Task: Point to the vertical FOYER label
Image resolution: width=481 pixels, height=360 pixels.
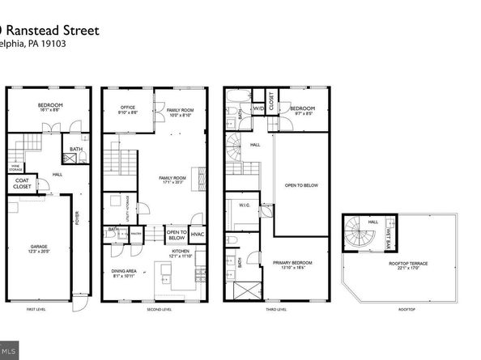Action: pyautogui.click(x=77, y=239)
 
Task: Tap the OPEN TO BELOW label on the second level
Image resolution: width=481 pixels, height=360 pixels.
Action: pyautogui.click(x=177, y=235)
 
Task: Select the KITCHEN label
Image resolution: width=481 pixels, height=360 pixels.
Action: pyautogui.click(x=181, y=252)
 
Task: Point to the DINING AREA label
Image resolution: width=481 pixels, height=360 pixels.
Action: pyautogui.click(x=125, y=271)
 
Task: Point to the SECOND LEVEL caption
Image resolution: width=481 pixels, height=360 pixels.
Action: pyautogui.click(x=160, y=309)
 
